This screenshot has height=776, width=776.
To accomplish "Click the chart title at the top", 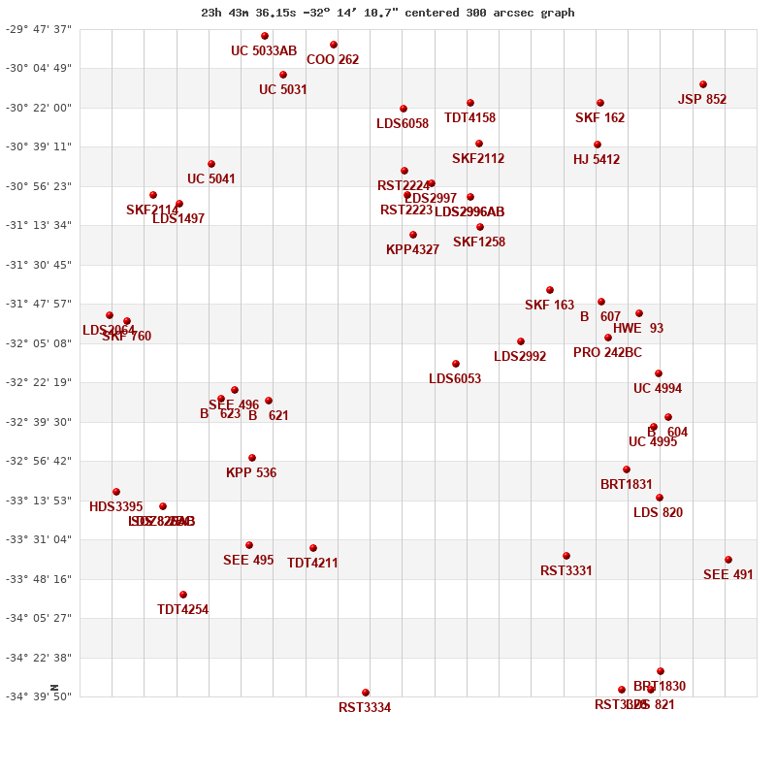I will [x=388, y=13].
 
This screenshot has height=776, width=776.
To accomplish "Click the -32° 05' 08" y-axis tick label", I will [x=39, y=343].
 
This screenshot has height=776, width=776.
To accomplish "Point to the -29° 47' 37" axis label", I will [x=39, y=29].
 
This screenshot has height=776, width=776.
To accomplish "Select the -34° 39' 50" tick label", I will [x=39, y=696].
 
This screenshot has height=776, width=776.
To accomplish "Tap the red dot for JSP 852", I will [x=703, y=84].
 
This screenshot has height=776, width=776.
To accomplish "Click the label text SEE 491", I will [x=727, y=575].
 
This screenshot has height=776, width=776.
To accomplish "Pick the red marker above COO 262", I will [x=334, y=45].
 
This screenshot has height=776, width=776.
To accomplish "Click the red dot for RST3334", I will [x=366, y=693].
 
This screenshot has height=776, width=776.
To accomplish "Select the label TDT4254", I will [x=182, y=610].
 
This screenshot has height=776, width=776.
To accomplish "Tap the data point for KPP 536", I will [x=252, y=458].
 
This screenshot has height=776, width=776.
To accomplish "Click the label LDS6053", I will [x=455, y=379].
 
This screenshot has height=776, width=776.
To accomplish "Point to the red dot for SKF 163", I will [x=550, y=290].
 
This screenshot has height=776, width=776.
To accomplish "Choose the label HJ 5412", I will [x=597, y=160].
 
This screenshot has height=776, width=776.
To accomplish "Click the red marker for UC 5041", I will [x=211, y=164].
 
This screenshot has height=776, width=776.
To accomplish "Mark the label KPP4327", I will [x=412, y=250].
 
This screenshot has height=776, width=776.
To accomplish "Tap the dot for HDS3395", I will [x=116, y=492].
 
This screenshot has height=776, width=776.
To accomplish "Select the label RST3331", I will [x=566, y=571].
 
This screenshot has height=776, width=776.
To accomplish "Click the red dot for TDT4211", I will [x=313, y=548].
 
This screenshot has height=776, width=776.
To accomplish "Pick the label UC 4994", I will [x=658, y=389].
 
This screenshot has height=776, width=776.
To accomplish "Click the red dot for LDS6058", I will [x=404, y=109].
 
